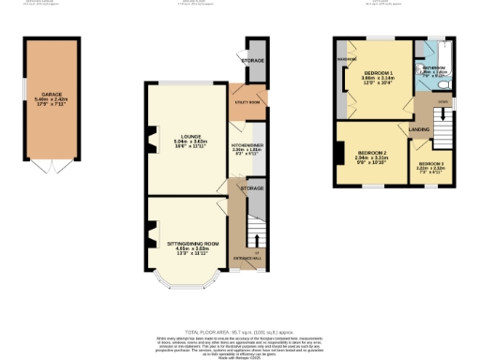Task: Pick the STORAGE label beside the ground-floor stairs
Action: (x=251, y=188)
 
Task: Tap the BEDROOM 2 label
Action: (x=371, y=154)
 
